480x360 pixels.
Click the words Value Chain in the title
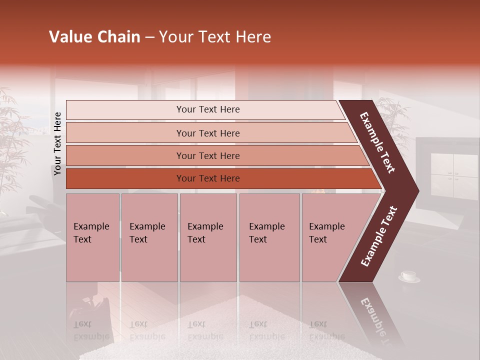(94, 37)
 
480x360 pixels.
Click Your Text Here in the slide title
(215, 37)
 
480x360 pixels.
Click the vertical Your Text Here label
(58, 143)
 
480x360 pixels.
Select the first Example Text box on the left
(92, 237)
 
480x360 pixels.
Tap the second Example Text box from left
(149, 237)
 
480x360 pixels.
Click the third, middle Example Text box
(208, 237)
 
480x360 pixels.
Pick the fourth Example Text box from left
(269, 237)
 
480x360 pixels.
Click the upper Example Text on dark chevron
(377, 142)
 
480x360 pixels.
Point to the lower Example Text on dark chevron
(379, 236)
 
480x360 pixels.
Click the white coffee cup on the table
(409, 276)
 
